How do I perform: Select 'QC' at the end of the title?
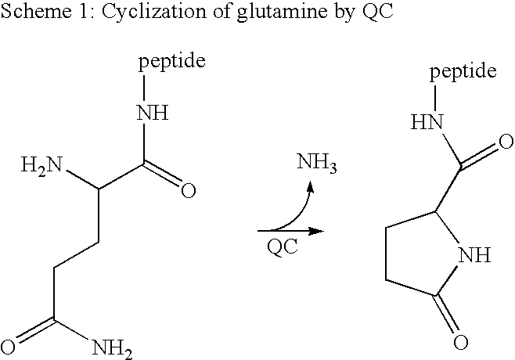(377, 11)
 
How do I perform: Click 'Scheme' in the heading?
(36, 10)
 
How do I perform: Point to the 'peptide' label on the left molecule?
(172, 61)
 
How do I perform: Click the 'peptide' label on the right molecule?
(463, 72)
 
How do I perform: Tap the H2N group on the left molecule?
(41, 165)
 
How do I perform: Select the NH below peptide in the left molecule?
(153, 113)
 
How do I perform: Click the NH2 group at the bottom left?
(113, 349)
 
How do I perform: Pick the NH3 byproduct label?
(317, 162)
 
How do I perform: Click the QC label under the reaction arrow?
(283, 247)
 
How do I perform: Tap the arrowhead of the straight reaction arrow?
(316, 231)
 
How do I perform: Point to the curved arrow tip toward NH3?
(311, 186)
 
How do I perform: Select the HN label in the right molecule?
(427, 122)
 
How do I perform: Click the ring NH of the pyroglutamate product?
(474, 255)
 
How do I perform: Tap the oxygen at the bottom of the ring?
(460, 342)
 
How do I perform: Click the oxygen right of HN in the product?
(506, 142)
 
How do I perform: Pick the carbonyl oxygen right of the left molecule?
(189, 190)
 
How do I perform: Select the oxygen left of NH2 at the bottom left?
(8, 347)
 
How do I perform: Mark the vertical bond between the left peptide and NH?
(144, 88)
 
